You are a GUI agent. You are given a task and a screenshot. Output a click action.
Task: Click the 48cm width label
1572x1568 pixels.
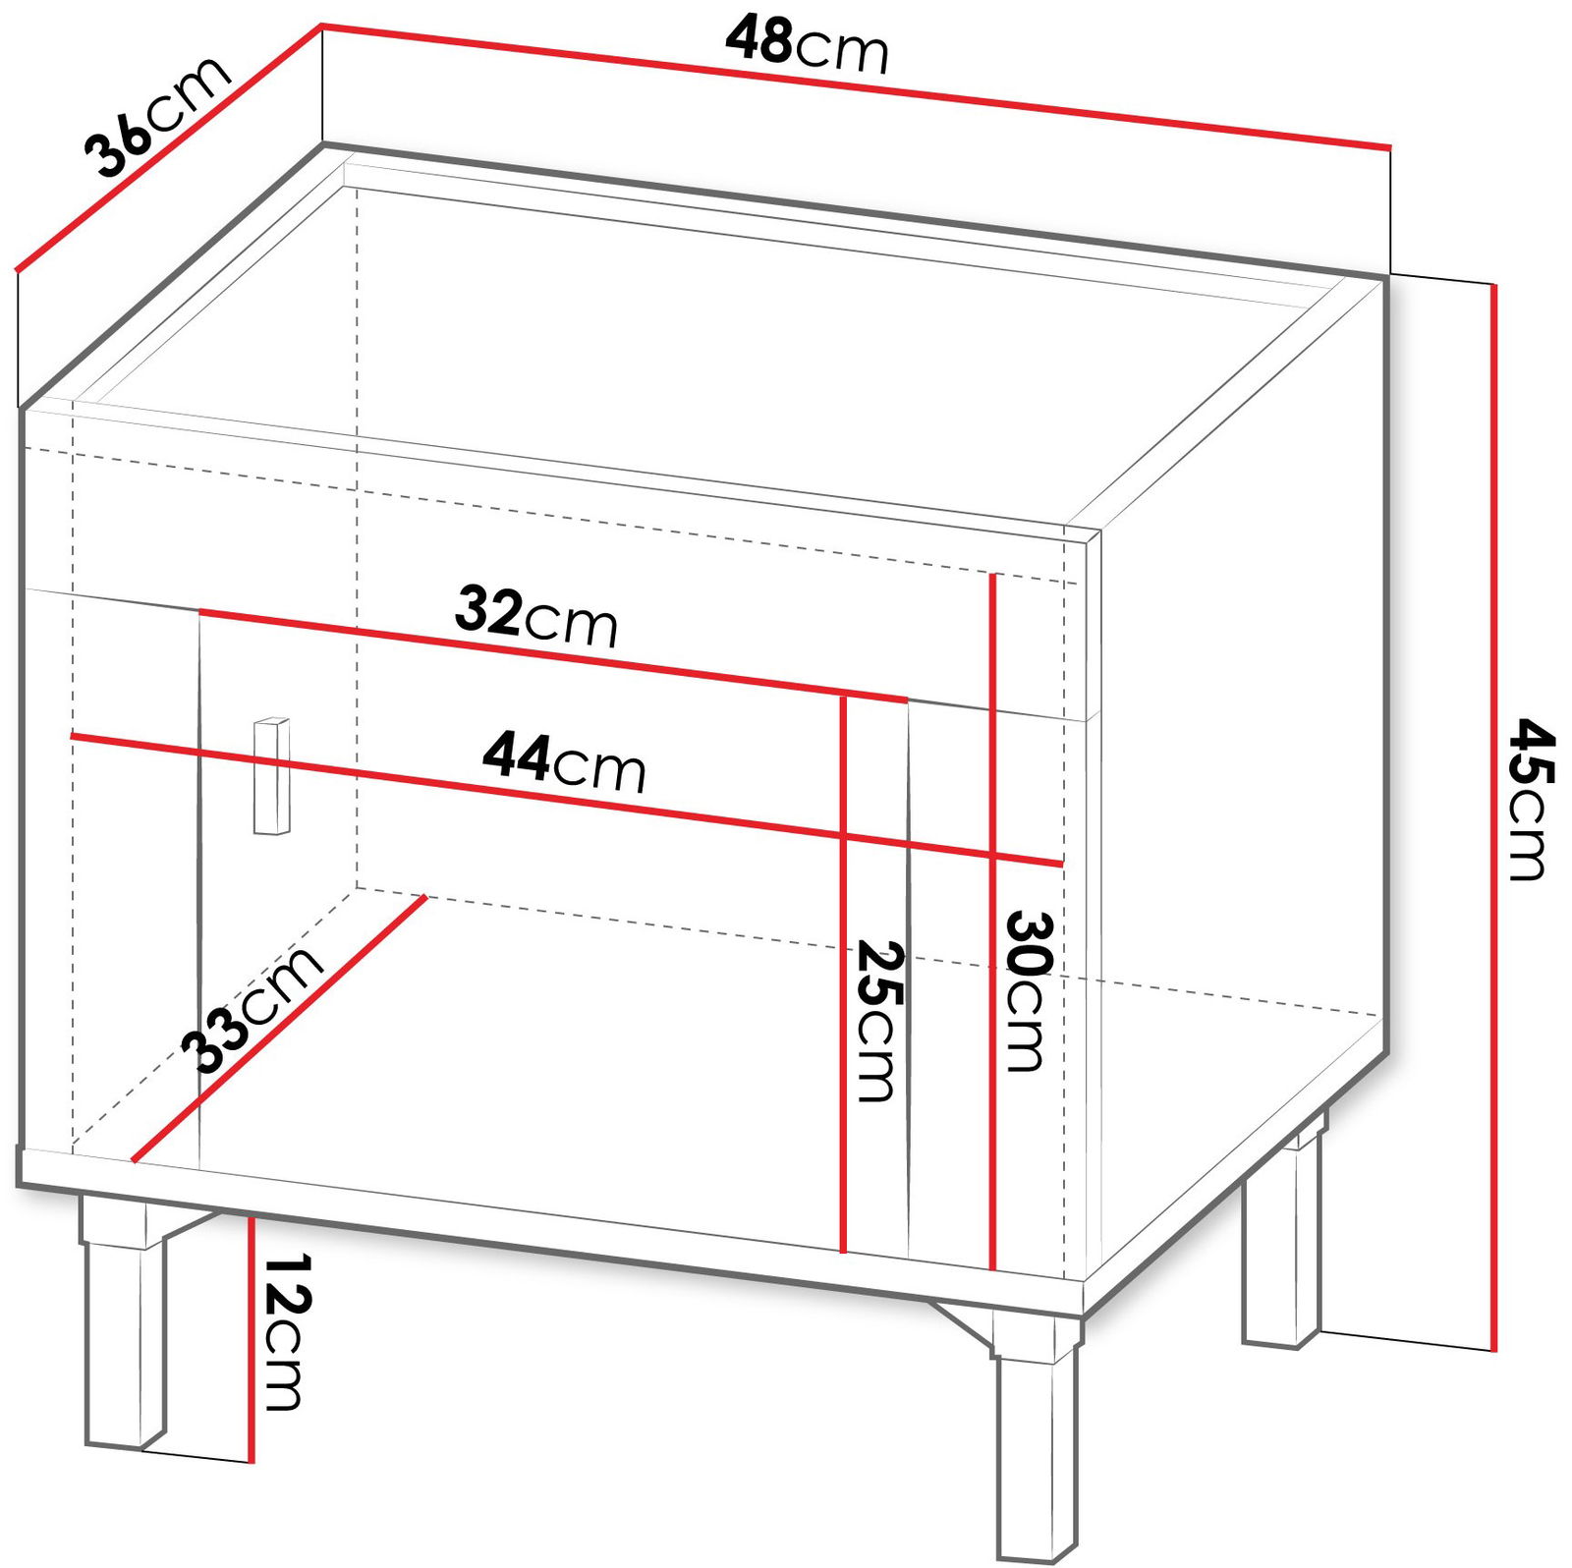[808, 44]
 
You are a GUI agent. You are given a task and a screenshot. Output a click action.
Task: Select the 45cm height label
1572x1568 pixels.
[1529, 799]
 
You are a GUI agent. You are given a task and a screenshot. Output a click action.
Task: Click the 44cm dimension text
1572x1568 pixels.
[564, 760]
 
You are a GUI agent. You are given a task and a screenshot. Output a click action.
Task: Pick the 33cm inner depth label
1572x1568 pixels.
[253, 1008]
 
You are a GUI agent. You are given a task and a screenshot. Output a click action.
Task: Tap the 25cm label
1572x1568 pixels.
[877, 1021]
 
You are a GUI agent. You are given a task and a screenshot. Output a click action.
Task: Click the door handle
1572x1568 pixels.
[271, 776]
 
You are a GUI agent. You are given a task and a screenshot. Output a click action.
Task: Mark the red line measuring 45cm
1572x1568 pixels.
[1493, 817]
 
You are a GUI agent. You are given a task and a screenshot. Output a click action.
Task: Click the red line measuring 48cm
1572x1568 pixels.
[856, 86]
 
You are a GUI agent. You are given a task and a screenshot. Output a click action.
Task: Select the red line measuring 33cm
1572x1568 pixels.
[279, 1028]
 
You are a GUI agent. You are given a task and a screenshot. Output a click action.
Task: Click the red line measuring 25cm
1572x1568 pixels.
[843, 974]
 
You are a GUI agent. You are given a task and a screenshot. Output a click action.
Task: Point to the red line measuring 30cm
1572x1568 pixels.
[993, 922]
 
